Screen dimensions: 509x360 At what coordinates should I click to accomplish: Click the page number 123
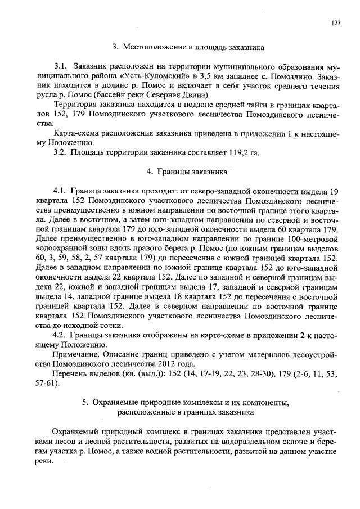[x=336, y=23]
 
